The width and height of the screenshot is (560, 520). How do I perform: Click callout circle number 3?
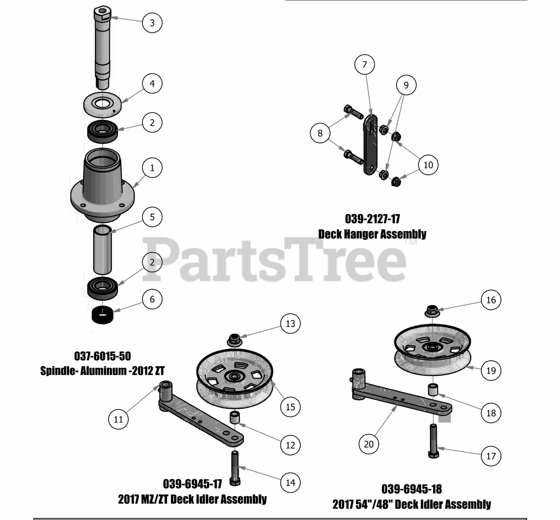pyautogui.click(x=152, y=22)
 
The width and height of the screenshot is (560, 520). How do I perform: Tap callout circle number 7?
pyautogui.click(x=364, y=65)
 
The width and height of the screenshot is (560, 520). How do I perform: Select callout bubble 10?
pyautogui.click(x=428, y=165)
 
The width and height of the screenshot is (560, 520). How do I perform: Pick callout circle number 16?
pyautogui.click(x=491, y=300)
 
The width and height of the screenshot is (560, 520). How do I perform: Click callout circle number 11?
pyautogui.click(x=118, y=419)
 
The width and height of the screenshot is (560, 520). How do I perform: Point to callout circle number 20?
pyautogui.click(x=368, y=444)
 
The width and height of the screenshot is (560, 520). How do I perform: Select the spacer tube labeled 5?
pyautogui.click(x=102, y=249)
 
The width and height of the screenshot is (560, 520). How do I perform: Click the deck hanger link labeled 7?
pyautogui.click(x=370, y=144)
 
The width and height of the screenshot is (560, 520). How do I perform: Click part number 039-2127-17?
pyautogui.click(x=372, y=218)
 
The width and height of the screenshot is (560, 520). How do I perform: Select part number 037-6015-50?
pyautogui.click(x=103, y=356)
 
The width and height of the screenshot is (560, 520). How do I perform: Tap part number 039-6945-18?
pyautogui.click(x=412, y=488)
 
